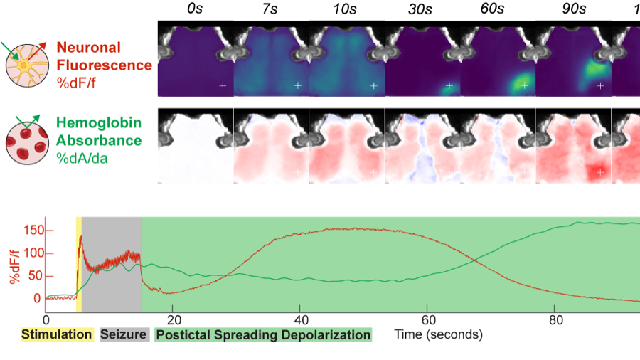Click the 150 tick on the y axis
click(x=31, y=231)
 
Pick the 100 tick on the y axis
click(x=31, y=253)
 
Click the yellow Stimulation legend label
click(x=56, y=334)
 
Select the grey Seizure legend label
click(x=124, y=334)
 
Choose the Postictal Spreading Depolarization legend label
click(x=262, y=334)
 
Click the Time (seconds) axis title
click(x=439, y=333)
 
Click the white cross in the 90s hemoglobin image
click(x=599, y=171)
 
